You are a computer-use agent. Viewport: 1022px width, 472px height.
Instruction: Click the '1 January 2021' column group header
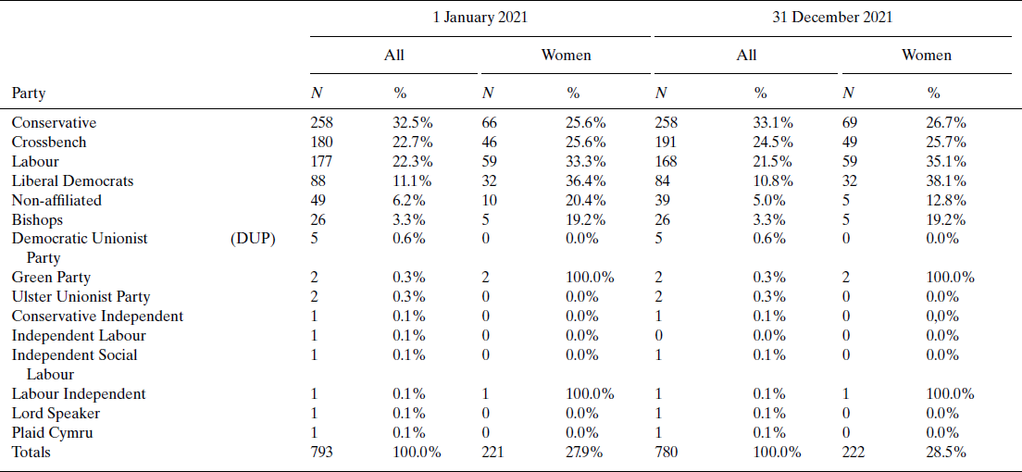(x=481, y=18)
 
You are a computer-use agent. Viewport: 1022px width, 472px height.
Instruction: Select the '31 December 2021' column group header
(x=832, y=18)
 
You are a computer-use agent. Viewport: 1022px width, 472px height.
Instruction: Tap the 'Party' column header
(x=29, y=93)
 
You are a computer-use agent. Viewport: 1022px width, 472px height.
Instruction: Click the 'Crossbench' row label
(x=49, y=143)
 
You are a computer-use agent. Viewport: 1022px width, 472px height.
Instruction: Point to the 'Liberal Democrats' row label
(x=72, y=181)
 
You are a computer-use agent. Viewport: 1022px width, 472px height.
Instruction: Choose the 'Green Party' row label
(x=51, y=278)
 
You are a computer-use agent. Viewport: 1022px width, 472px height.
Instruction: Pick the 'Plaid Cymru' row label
(x=52, y=433)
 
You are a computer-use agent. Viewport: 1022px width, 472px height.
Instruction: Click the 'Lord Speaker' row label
(x=56, y=414)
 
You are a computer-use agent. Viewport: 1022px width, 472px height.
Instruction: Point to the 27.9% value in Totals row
(x=585, y=453)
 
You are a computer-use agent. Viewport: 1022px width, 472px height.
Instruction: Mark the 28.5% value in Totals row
(x=946, y=453)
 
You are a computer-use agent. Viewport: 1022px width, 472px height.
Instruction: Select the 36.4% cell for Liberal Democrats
(x=586, y=181)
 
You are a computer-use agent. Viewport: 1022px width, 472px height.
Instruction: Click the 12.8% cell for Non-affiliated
(x=946, y=201)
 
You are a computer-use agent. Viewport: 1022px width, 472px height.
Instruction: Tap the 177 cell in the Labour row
(x=322, y=162)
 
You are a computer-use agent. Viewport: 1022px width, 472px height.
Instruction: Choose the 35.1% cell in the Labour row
(x=946, y=162)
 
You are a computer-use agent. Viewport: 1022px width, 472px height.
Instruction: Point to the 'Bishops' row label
(x=37, y=220)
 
